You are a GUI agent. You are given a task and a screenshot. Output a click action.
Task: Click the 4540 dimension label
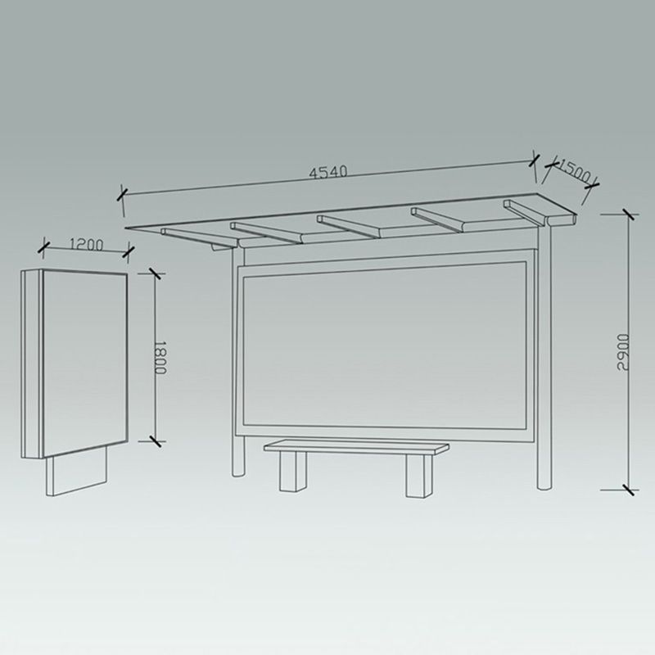(x=328, y=173)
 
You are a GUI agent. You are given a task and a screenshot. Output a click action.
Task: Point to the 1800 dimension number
(x=160, y=357)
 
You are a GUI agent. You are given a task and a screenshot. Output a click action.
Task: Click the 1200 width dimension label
(x=87, y=243)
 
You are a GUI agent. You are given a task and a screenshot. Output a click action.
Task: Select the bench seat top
(x=356, y=447)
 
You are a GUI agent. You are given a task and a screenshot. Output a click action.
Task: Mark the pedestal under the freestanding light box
(x=77, y=474)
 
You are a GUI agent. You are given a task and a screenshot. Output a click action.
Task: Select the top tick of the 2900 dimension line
(x=628, y=215)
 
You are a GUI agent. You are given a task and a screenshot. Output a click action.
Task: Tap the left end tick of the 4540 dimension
(x=122, y=194)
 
